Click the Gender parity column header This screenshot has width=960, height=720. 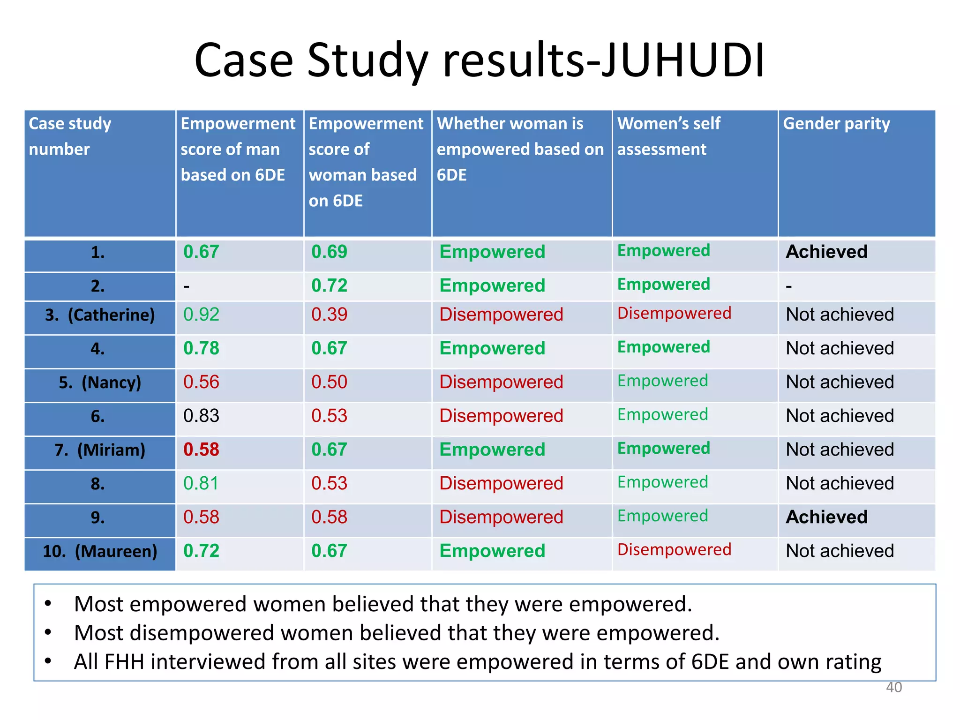836,124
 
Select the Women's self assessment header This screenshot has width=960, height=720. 668,136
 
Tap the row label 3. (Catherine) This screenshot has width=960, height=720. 100,315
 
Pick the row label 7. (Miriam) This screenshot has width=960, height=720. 100,450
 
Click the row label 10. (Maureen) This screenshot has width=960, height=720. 100,551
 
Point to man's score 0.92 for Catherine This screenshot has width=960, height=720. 201,315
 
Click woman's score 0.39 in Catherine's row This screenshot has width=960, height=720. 329,315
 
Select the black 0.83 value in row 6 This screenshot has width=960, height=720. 201,416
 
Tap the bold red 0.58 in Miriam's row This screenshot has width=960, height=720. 201,450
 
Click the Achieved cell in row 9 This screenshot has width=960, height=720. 826,517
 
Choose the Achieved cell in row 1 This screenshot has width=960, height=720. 826,252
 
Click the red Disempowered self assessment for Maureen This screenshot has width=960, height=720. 674,549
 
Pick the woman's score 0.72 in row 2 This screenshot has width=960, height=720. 329,285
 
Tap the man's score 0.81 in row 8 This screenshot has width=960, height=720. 201,483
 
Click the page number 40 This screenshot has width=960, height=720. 893,687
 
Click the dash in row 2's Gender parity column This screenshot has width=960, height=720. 789,286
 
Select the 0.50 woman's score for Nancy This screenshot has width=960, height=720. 329,382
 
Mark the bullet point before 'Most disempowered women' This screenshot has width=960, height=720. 48,633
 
